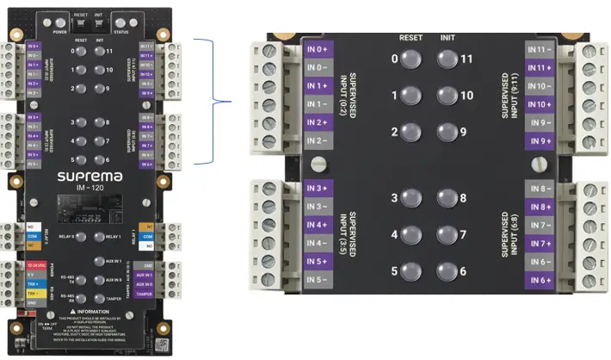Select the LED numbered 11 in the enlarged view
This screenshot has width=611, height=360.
coord(447,59)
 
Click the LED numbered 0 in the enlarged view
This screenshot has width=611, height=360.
coord(410,59)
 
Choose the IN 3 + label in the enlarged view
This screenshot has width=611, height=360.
coord(318,189)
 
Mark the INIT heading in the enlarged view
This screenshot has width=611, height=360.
coord(447,39)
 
